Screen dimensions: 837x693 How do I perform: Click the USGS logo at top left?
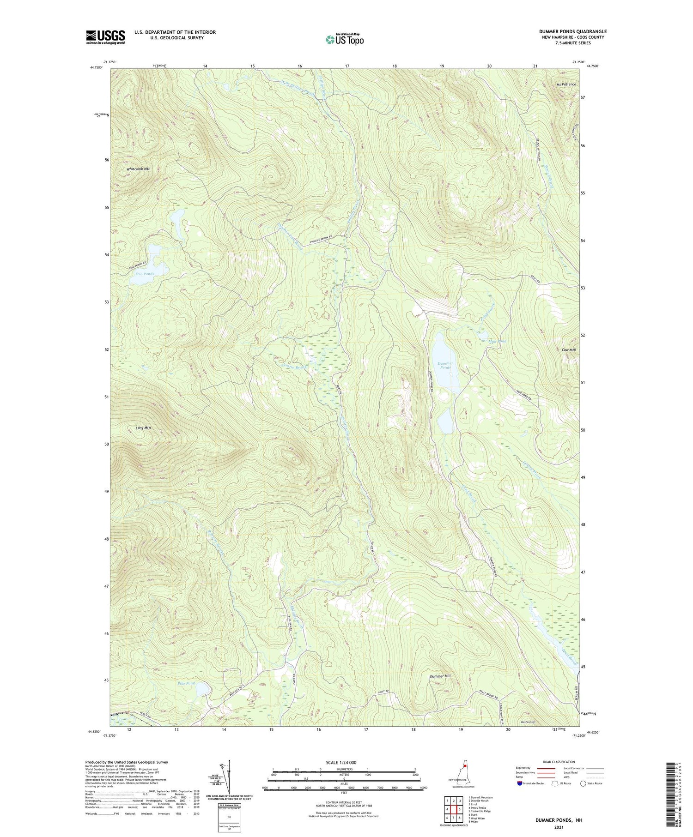[x=105, y=37]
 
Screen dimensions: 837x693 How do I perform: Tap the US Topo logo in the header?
[x=345, y=39]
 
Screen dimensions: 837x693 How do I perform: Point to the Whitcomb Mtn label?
[x=138, y=169]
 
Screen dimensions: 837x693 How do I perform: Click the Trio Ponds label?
[x=144, y=274]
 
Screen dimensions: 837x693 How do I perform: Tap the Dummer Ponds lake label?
[x=445, y=366]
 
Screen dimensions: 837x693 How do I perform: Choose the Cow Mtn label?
[x=569, y=349]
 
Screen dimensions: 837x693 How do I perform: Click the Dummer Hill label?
[x=440, y=676]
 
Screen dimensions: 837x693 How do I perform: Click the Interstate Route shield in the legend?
[x=519, y=783]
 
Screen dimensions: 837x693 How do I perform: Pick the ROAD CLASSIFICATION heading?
[x=559, y=762]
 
